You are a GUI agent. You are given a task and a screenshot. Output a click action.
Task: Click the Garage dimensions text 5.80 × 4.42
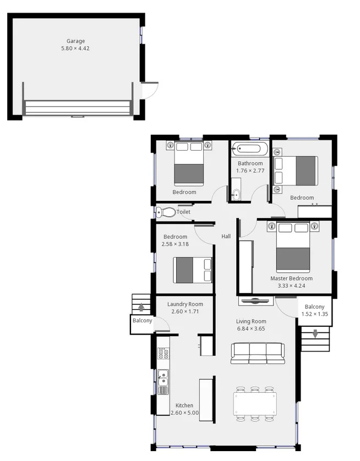(x=75, y=49)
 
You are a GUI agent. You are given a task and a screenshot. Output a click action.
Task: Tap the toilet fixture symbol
(x=166, y=212)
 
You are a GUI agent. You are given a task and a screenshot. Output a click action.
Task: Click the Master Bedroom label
(x=291, y=278)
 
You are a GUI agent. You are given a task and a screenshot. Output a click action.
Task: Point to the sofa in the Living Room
(x=258, y=353)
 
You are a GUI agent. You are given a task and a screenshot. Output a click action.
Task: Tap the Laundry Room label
(x=185, y=304)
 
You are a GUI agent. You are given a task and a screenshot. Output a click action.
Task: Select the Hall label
(x=226, y=237)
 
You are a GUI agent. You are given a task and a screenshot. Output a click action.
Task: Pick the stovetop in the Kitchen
(x=163, y=353)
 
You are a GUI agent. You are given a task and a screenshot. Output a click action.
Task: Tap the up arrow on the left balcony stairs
(x=142, y=308)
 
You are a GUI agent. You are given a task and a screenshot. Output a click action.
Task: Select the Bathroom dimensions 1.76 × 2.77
(x=250, y=171)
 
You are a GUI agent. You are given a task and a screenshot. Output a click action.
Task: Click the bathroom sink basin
(x=236, y=194)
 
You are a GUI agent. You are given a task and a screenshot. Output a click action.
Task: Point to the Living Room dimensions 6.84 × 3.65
(x=251, y=329)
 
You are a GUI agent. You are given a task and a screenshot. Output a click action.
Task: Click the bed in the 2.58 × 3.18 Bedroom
(x=193, y=270)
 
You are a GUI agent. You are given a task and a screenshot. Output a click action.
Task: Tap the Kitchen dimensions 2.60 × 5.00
(x=184, y=413)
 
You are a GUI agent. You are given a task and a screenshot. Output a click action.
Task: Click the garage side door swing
(x=150, y=90)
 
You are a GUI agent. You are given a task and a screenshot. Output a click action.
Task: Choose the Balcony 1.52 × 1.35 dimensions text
(x=314, y=314)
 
